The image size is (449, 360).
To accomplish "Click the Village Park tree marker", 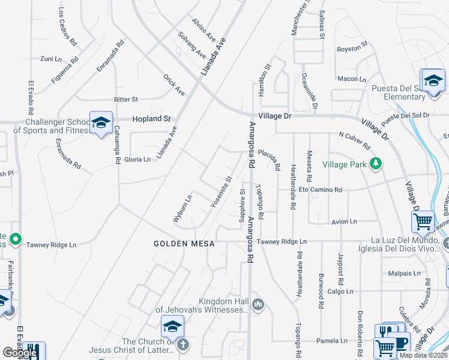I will pyautogui.click(x=376, y=164).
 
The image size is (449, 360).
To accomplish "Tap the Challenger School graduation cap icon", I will pyautogui.click(x=100, y=122).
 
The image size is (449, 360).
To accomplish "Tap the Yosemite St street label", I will pyautogui.click(x=221, y=191).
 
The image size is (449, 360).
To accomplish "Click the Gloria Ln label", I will pyautogui.click(x=137, y=159).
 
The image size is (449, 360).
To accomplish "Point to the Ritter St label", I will pyautogui.click(x=126, y=99).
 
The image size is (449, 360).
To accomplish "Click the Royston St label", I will pyautogui.click(x=352, y=49).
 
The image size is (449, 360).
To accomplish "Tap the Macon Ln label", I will pyautogui.click(x=352, y=79).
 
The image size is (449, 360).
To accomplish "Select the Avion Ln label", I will pyautogui.click(x=344, y=221).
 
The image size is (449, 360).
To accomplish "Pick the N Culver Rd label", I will pyautogui.click(x=354, y=141).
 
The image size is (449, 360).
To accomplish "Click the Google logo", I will pyautogui.click(x=20, y=353).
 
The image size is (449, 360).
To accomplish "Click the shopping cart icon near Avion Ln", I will pyautogui.click(x=423, y=221).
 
